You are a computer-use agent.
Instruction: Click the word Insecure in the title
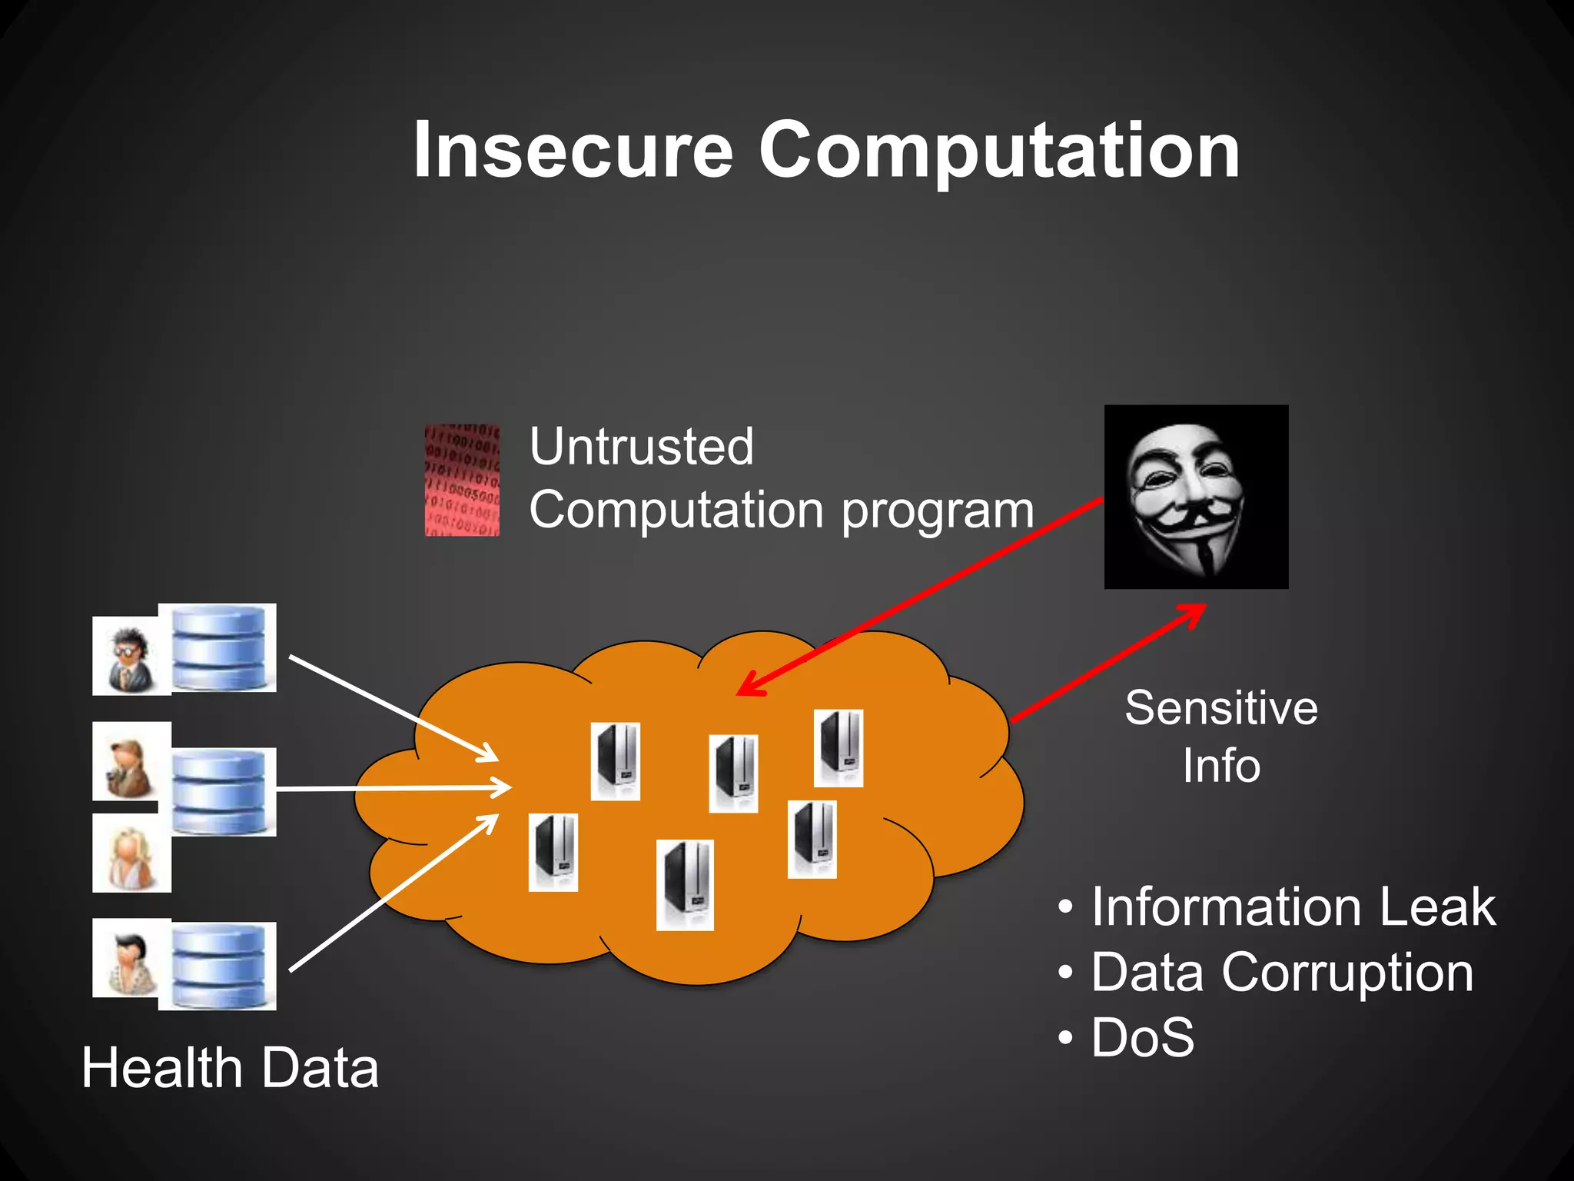573,151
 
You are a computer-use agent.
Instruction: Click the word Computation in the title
998,151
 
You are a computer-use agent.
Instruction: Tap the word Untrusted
642,447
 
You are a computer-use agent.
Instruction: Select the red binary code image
462,480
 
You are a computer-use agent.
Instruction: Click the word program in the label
938,511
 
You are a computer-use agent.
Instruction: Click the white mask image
1195,497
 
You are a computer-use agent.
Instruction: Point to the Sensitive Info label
1220,736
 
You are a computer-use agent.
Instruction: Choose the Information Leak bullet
1293,907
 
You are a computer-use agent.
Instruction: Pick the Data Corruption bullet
1281,973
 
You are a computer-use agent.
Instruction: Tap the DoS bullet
1142,1037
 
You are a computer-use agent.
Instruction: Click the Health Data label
230,1068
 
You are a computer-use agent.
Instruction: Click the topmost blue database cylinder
218,647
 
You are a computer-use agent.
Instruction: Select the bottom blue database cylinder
218,966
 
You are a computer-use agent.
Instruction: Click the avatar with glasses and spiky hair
129,656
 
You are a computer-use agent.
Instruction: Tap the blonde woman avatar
131,854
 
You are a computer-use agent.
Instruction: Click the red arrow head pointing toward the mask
1195,610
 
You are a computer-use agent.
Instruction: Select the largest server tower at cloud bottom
685,885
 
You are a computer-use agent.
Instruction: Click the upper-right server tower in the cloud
838,748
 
